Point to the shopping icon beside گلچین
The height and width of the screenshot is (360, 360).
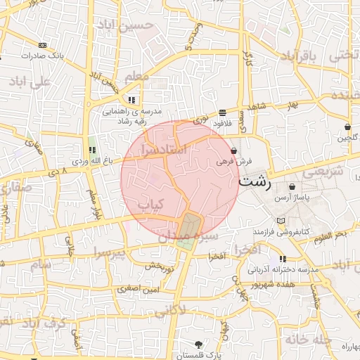[348, 127]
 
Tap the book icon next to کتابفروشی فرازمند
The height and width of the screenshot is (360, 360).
[281, 221]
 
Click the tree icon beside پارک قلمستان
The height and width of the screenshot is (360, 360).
[199, 345]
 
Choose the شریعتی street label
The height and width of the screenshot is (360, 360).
[326, 171]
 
